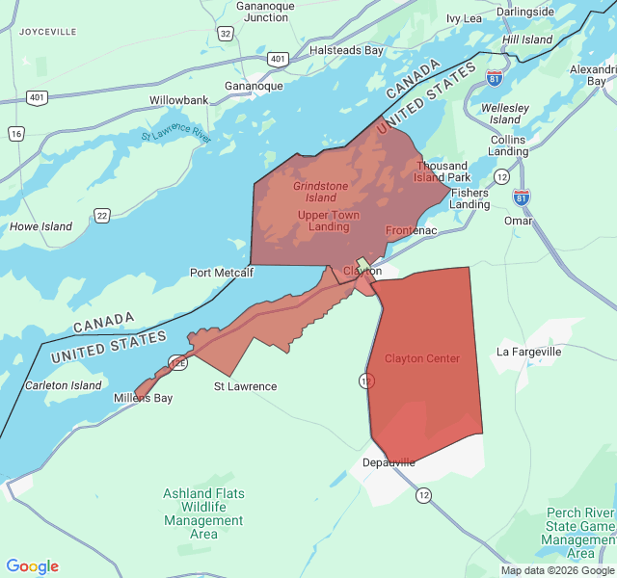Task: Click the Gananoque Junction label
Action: click(266, 12)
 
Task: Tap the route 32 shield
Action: click(225, 33)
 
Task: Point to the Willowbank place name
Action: click(178, 100)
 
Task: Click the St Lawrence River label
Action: click(175, 135)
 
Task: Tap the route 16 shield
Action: click(15, 134)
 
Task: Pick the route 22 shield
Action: click(102, 215)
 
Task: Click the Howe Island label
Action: click(40, 226)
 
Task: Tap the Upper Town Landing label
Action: click(329, 221)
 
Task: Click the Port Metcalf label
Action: click(221, 273)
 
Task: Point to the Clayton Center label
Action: click(422, 358)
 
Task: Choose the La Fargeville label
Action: click(528, 352)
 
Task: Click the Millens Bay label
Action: click(143, 398)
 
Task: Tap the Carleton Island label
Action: click(63, 385)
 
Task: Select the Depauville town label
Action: click(389, 462)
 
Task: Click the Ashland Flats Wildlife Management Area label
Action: click(203, 513)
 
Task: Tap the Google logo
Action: click(33, 566)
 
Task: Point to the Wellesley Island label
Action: click(505, 114)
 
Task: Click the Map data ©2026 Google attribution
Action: click(556, 570)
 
